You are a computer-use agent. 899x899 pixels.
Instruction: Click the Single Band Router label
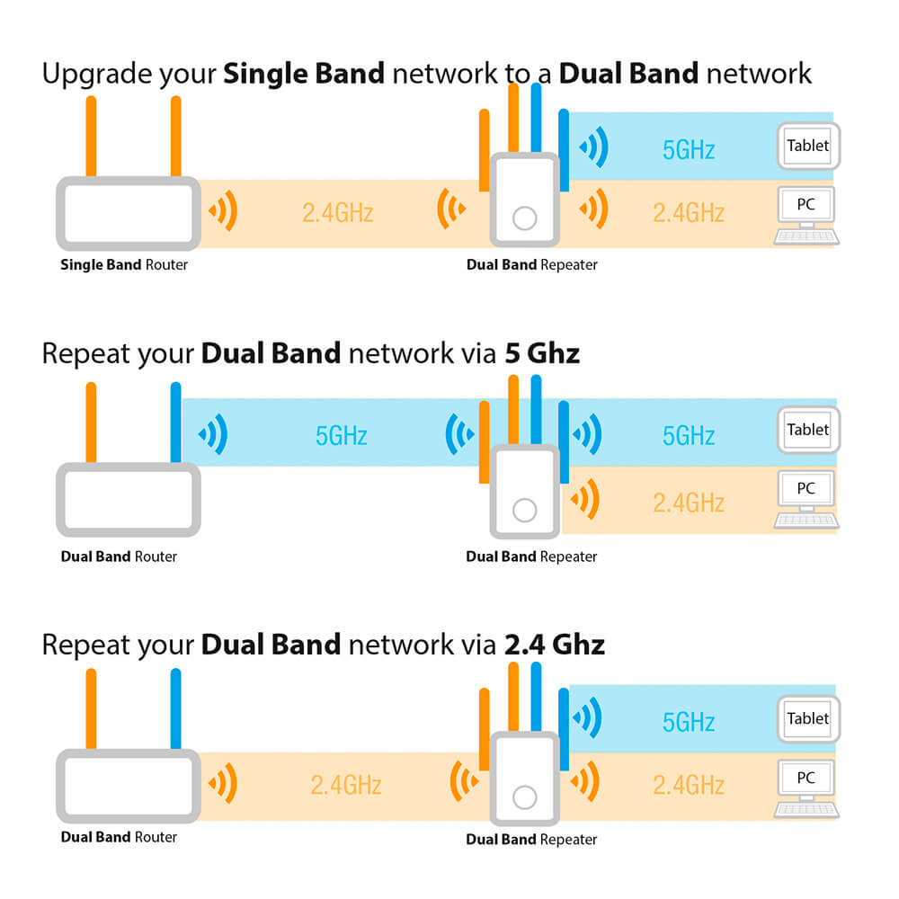tap(124, 265)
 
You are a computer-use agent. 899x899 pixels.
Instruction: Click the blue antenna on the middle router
tap(175, 423)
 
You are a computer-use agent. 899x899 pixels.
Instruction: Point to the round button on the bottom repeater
tap(523, 797)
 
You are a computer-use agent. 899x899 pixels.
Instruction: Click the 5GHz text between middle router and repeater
tap(342, 436)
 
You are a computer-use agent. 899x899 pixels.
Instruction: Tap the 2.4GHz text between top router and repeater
tap(337, 213)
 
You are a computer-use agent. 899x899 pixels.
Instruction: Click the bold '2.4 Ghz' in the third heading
tap(555, 644)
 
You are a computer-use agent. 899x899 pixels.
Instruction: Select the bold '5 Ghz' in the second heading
tap(542, 353)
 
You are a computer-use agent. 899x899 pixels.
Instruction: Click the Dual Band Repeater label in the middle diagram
tap(531, 556)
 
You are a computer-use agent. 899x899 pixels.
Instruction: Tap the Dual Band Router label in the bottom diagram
tap(119, 837)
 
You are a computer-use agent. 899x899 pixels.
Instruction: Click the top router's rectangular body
tap(128, 213)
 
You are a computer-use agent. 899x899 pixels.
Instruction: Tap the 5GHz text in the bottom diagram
tap(689, 722)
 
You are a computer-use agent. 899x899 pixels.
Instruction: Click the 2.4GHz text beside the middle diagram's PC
tap(689, 502)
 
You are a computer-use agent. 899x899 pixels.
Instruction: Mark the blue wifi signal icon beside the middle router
tap(213, 435)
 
